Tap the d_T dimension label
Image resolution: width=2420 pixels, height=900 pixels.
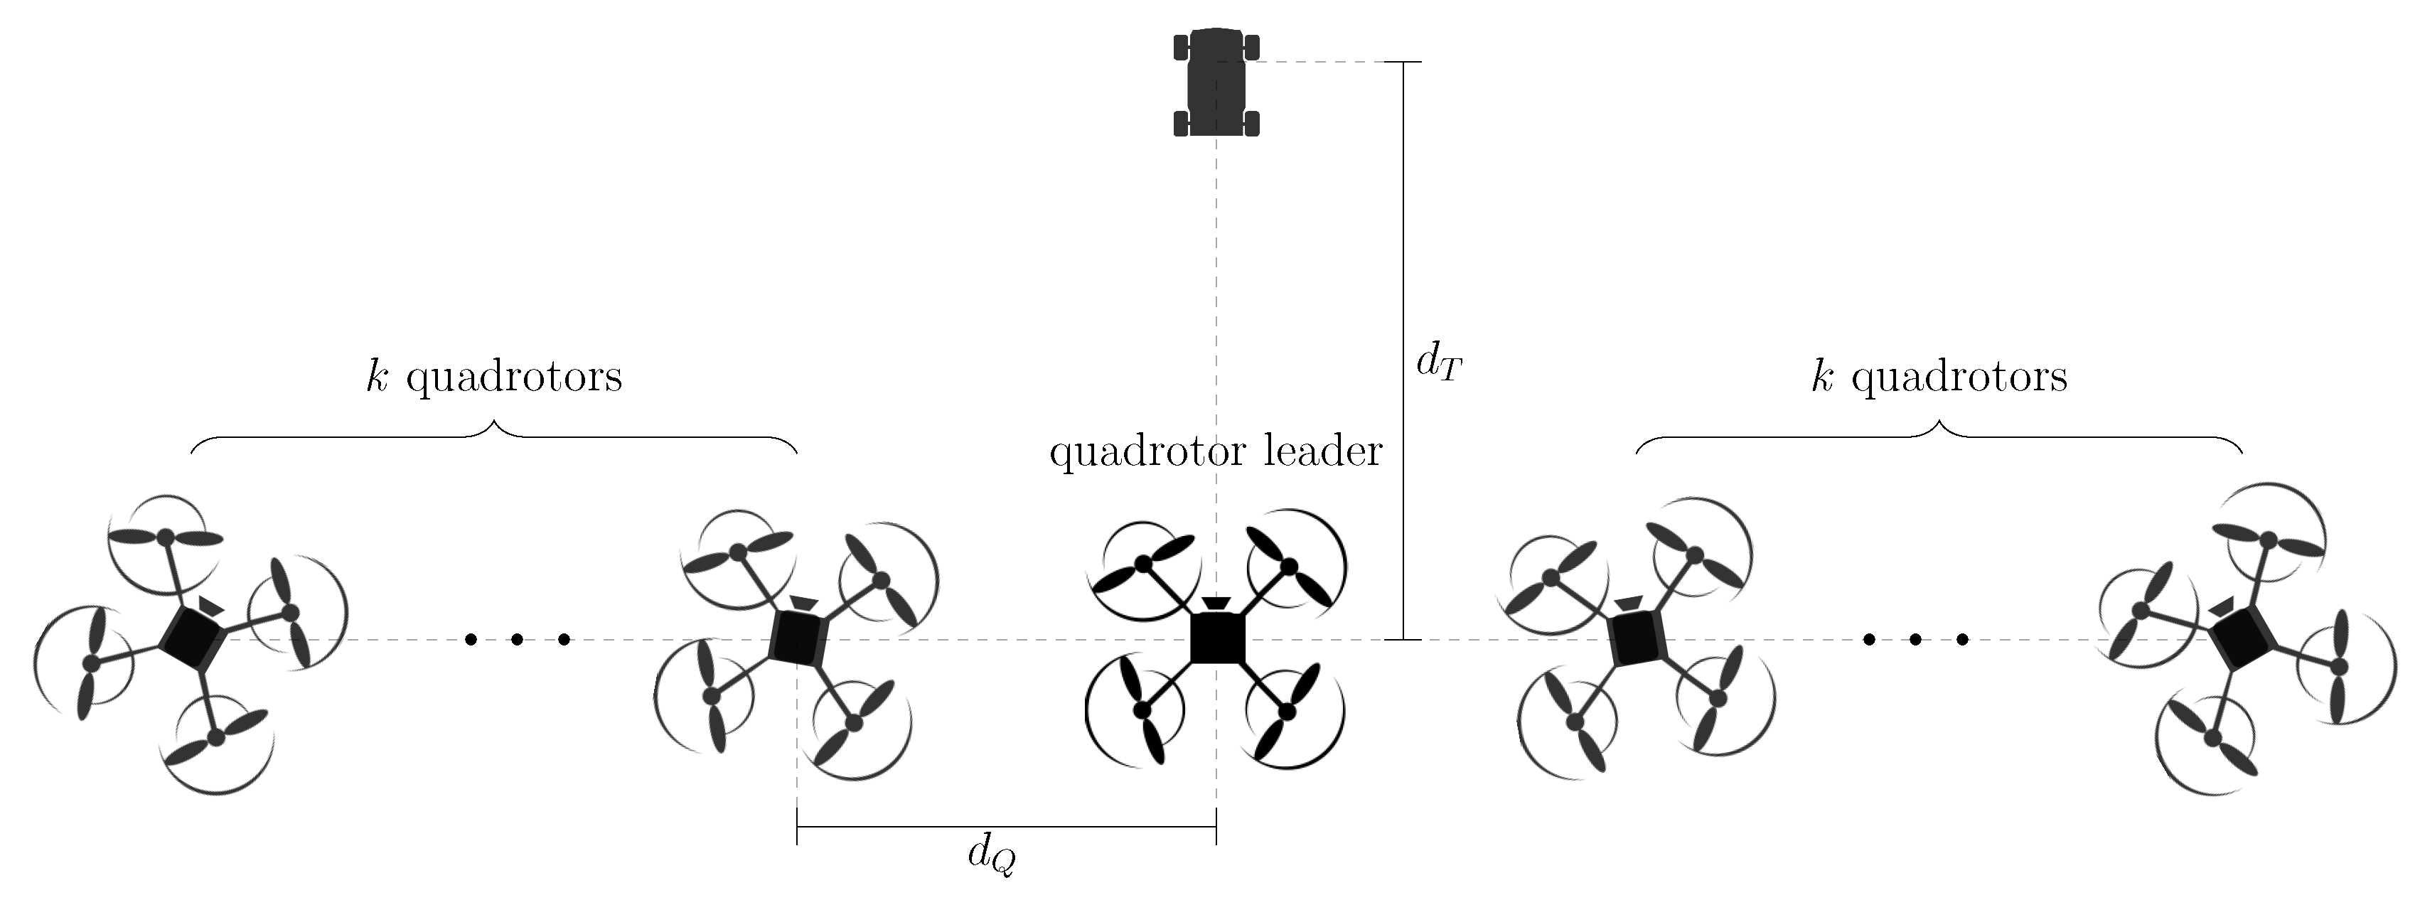(x=1438, y=362)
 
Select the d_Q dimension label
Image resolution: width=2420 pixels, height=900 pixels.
(x=991, y=856)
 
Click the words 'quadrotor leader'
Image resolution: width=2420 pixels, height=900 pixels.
(x=1216, y=452)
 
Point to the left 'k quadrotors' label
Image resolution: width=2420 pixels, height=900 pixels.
(x=494, y=377)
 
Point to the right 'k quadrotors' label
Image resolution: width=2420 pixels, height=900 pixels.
(x=1939, y=377)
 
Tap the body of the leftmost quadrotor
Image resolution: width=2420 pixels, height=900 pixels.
(x=193, y=639)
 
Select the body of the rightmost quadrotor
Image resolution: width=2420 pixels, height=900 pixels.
(x=2242, y=639)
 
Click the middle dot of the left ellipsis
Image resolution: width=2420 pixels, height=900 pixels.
(x=517, y=640)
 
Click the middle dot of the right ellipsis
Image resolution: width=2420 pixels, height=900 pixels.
(x=1915, y=640)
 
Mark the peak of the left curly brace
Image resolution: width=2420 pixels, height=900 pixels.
(x=494, y=424)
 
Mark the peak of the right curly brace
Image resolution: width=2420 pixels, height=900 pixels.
(x=1939, y=424)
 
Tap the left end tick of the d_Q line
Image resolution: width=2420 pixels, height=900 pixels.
(x=797, y=827)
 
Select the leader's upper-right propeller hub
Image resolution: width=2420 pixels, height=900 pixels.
(x=1289, y=566)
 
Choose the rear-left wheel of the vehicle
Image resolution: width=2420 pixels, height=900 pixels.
(x=1181, y=123)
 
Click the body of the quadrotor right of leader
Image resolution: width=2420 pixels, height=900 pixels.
(x=1637, y=639)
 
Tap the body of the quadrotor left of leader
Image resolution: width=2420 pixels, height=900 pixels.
(x=798, y=639)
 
